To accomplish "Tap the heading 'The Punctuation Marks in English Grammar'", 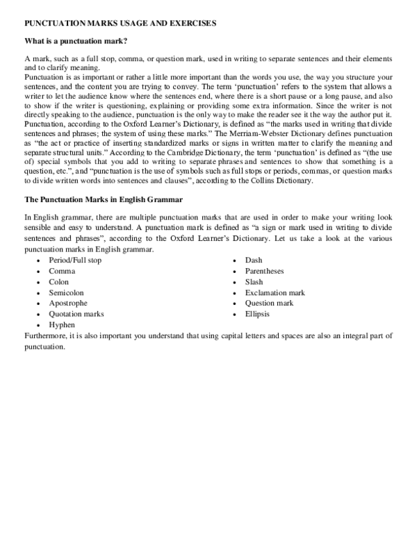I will tap(104, 199).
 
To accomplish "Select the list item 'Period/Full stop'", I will tap(75, 260).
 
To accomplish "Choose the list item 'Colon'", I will tap(58, 281).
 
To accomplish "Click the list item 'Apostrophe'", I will tap(67, 303).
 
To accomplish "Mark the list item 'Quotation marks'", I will tap(76, 314).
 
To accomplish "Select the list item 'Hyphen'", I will tap(61, 324).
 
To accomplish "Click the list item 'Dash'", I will tap(254, 260).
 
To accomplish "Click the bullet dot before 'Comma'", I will tap(37, 272).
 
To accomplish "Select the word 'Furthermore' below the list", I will tap(46, 335).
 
